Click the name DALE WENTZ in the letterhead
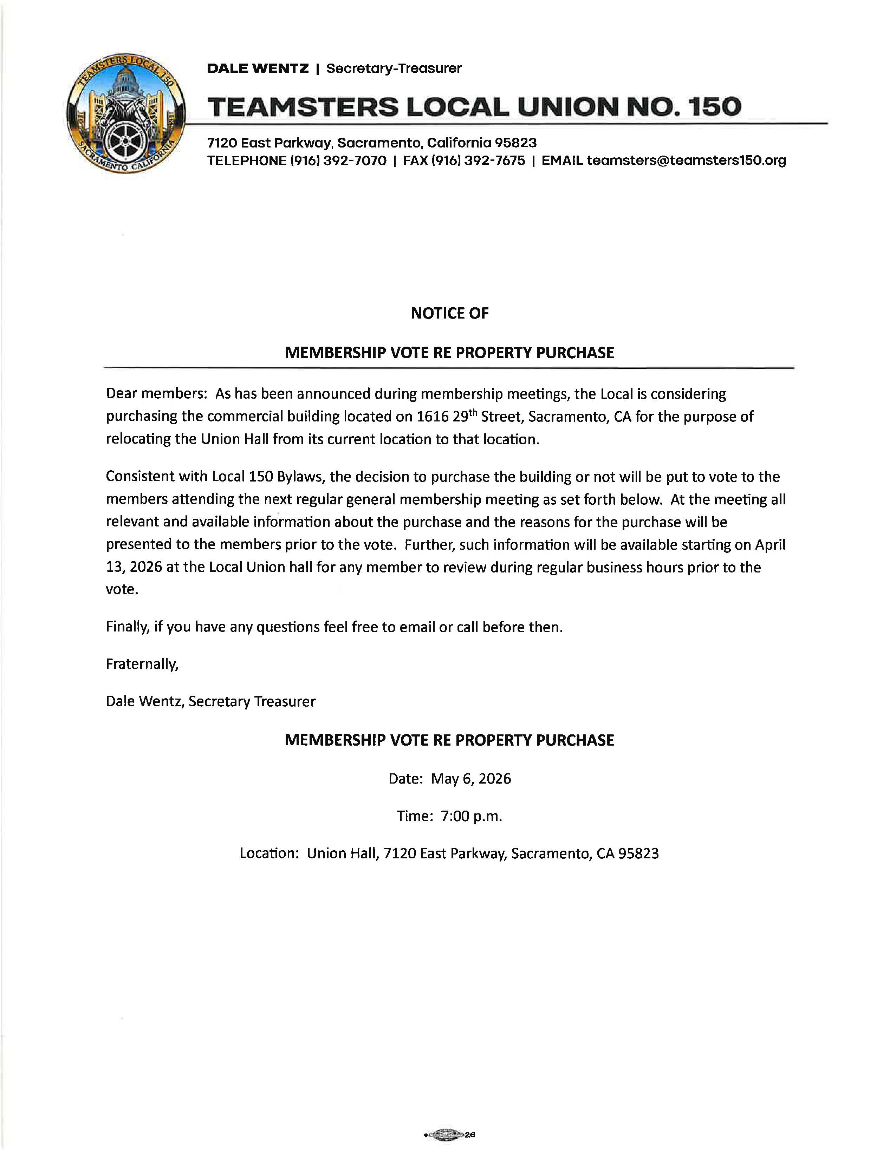[x=258, y=68]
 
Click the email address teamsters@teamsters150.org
[x=686, y=160]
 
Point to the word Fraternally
[x=142, y=664]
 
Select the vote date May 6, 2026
[x=470, y=779]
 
